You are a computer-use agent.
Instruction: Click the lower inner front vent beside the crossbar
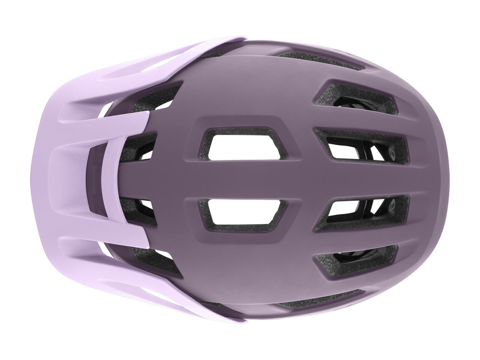[144, 210]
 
